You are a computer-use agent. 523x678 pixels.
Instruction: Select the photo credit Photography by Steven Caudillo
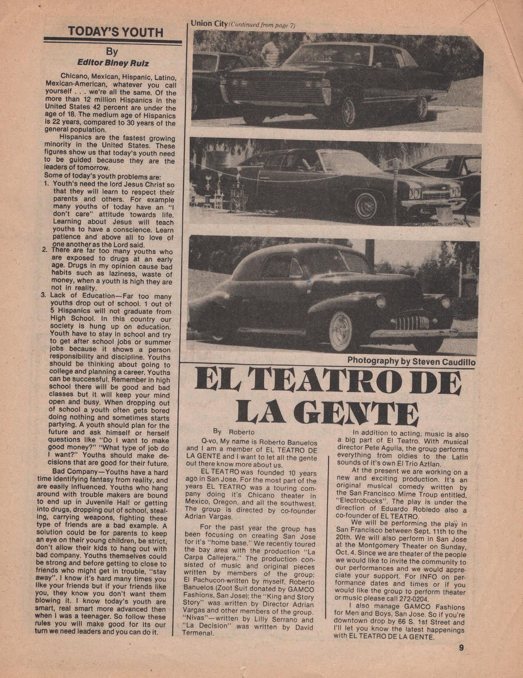[411, 361]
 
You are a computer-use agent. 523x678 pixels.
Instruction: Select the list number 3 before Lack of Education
[47, 295]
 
